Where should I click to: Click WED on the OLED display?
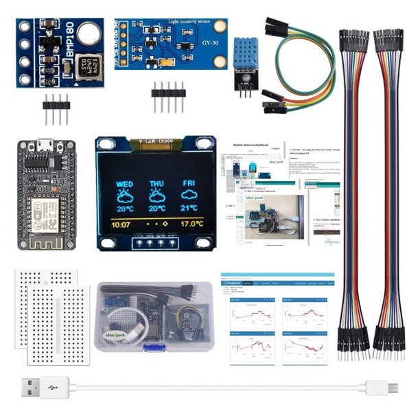pyautogui.click(x=125, y=184)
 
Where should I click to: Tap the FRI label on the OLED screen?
pyautogui.click(x=189, y=184)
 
